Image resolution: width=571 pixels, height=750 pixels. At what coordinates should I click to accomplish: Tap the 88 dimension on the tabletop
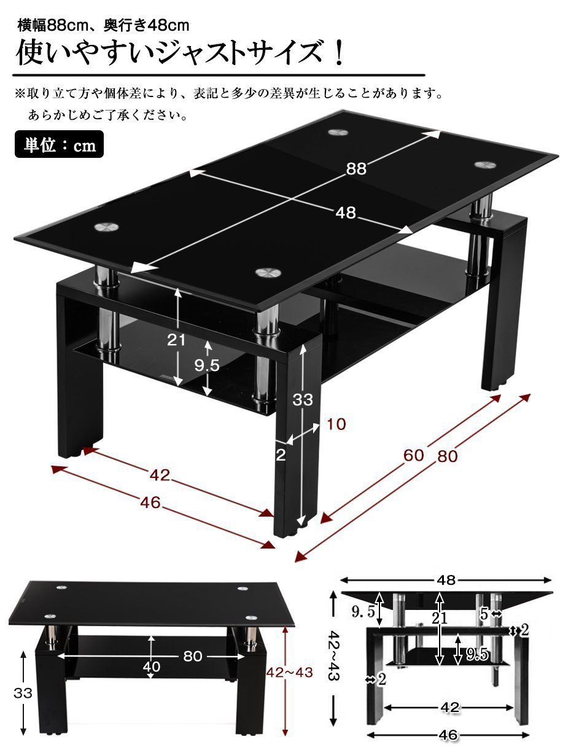(x=356, y=170)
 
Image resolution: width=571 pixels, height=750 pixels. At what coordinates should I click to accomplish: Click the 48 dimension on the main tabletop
(x=346, y=213)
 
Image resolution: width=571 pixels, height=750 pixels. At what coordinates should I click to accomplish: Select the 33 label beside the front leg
(x=303, y=400)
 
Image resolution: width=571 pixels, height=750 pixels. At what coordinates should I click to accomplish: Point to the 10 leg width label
(x=336, y=423)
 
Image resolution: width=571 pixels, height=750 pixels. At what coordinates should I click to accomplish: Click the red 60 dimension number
(x=414, y=455)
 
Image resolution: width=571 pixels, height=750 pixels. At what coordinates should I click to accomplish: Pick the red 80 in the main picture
(x=448, y=456)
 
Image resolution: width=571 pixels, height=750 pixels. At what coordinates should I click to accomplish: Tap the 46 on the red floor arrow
(x=150, y=502)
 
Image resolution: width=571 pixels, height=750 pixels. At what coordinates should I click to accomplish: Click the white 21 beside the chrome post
(x=177, y=340)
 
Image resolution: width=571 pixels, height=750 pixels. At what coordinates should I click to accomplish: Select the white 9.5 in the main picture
(x=207, y=365)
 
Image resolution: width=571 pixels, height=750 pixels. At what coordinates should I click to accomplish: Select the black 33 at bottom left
(x=23, y=693)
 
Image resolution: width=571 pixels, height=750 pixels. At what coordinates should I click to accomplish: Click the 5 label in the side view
(x=484, y=613)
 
